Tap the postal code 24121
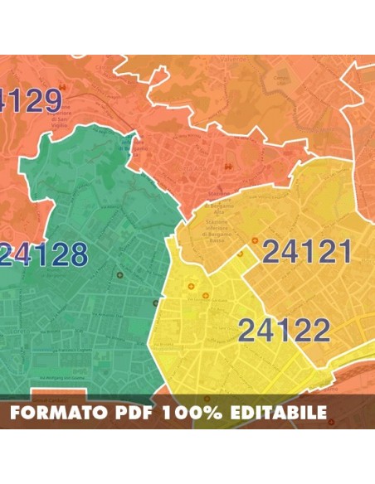pyautogui.click(x=307, y=251)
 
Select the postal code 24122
pyautogui.click(x=285, y=331)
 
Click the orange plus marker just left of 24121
pyautogui.click(x=255, y=241)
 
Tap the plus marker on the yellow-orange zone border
pyautogui.click(x=240, y=254)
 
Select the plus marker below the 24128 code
pyautogui.click(x=119, y=274)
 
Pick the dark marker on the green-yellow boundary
pyautogui.click(x=155, y=302)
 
